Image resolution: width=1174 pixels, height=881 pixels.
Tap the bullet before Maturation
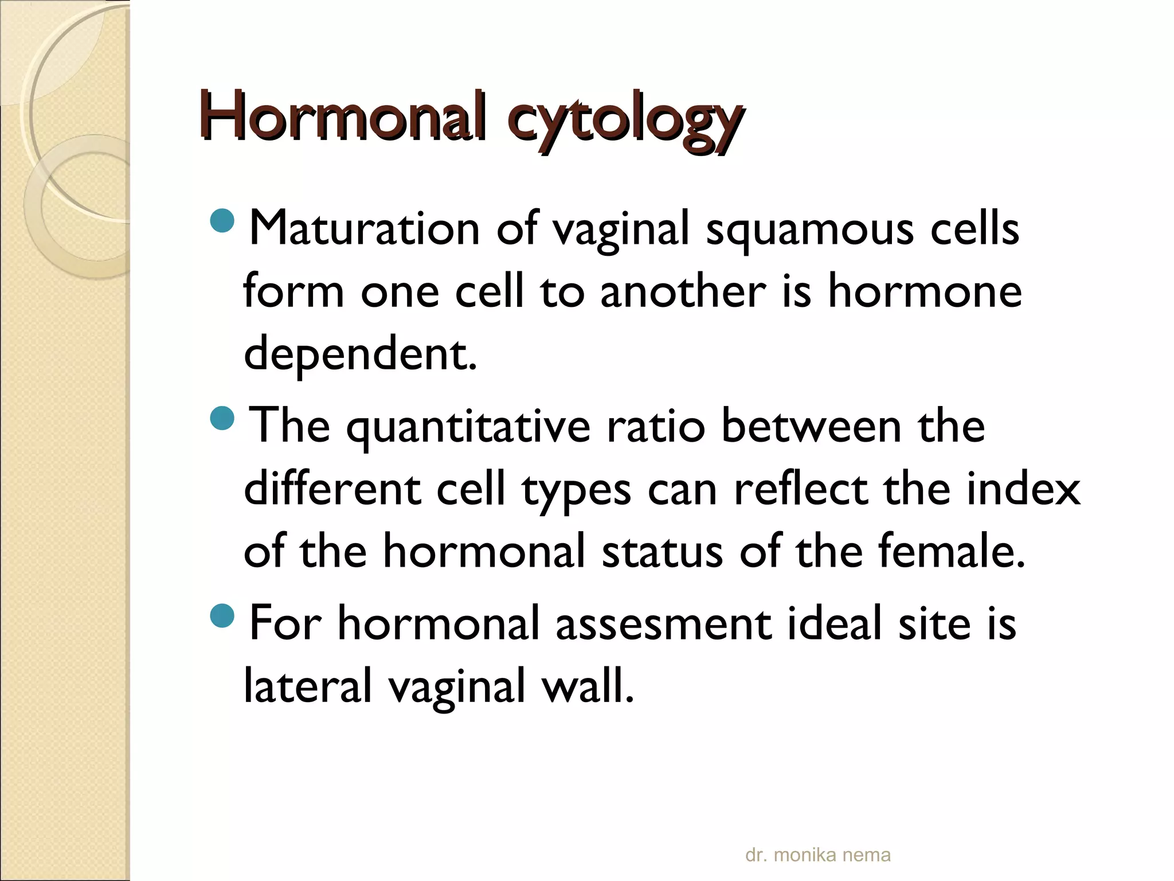tap(222, 221)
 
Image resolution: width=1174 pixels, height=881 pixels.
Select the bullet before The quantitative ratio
tap(222, 418)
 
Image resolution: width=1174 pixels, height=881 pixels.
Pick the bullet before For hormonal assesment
tap(222, 615)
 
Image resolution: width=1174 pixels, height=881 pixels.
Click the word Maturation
tap(364, 228)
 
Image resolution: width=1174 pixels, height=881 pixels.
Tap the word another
tap(683, 291)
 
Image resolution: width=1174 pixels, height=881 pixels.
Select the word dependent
tap(360, 354)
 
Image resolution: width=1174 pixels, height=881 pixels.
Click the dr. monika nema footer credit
tap(817, 855)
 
